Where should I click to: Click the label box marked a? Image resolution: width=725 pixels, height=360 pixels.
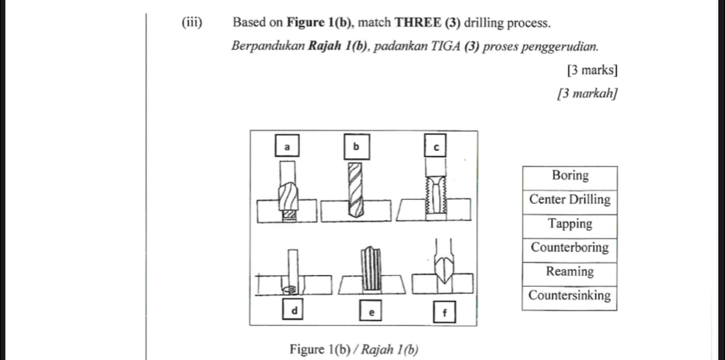(x=287, y=146)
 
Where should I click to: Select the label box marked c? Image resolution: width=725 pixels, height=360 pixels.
(x=436, y=146)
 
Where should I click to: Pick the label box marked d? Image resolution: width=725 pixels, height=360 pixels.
(x=295, y=310)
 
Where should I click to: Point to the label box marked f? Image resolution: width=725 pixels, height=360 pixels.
(x=444, y=313)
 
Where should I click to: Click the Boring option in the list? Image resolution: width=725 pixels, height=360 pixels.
(x=570, y=176)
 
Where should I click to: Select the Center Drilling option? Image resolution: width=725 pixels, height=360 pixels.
(x=570, y=200)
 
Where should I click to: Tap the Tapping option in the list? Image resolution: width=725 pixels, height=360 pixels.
(x=570, y=224)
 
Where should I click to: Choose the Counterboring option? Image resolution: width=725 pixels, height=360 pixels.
(x=570, y=248)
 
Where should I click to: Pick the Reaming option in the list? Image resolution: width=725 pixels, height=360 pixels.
(x=570, y=272)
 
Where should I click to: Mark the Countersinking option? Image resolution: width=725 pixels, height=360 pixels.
(x=570, y=296)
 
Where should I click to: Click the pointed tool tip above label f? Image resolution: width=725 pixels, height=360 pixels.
(x=444, y=273)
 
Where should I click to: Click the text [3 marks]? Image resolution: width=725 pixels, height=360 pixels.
(x=593, y=70)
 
